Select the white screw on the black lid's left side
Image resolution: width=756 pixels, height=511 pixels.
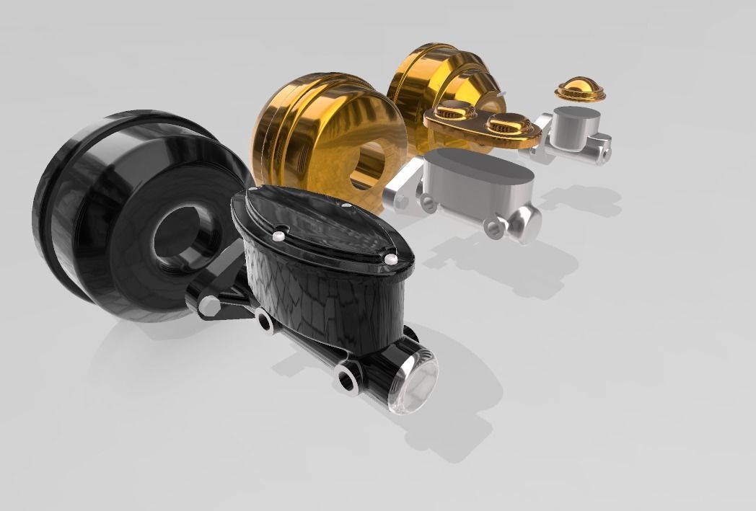[279, 234]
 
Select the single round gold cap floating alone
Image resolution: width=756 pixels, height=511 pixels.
[579, 89]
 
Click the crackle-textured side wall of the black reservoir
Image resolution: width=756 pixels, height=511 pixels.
[317, 296]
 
